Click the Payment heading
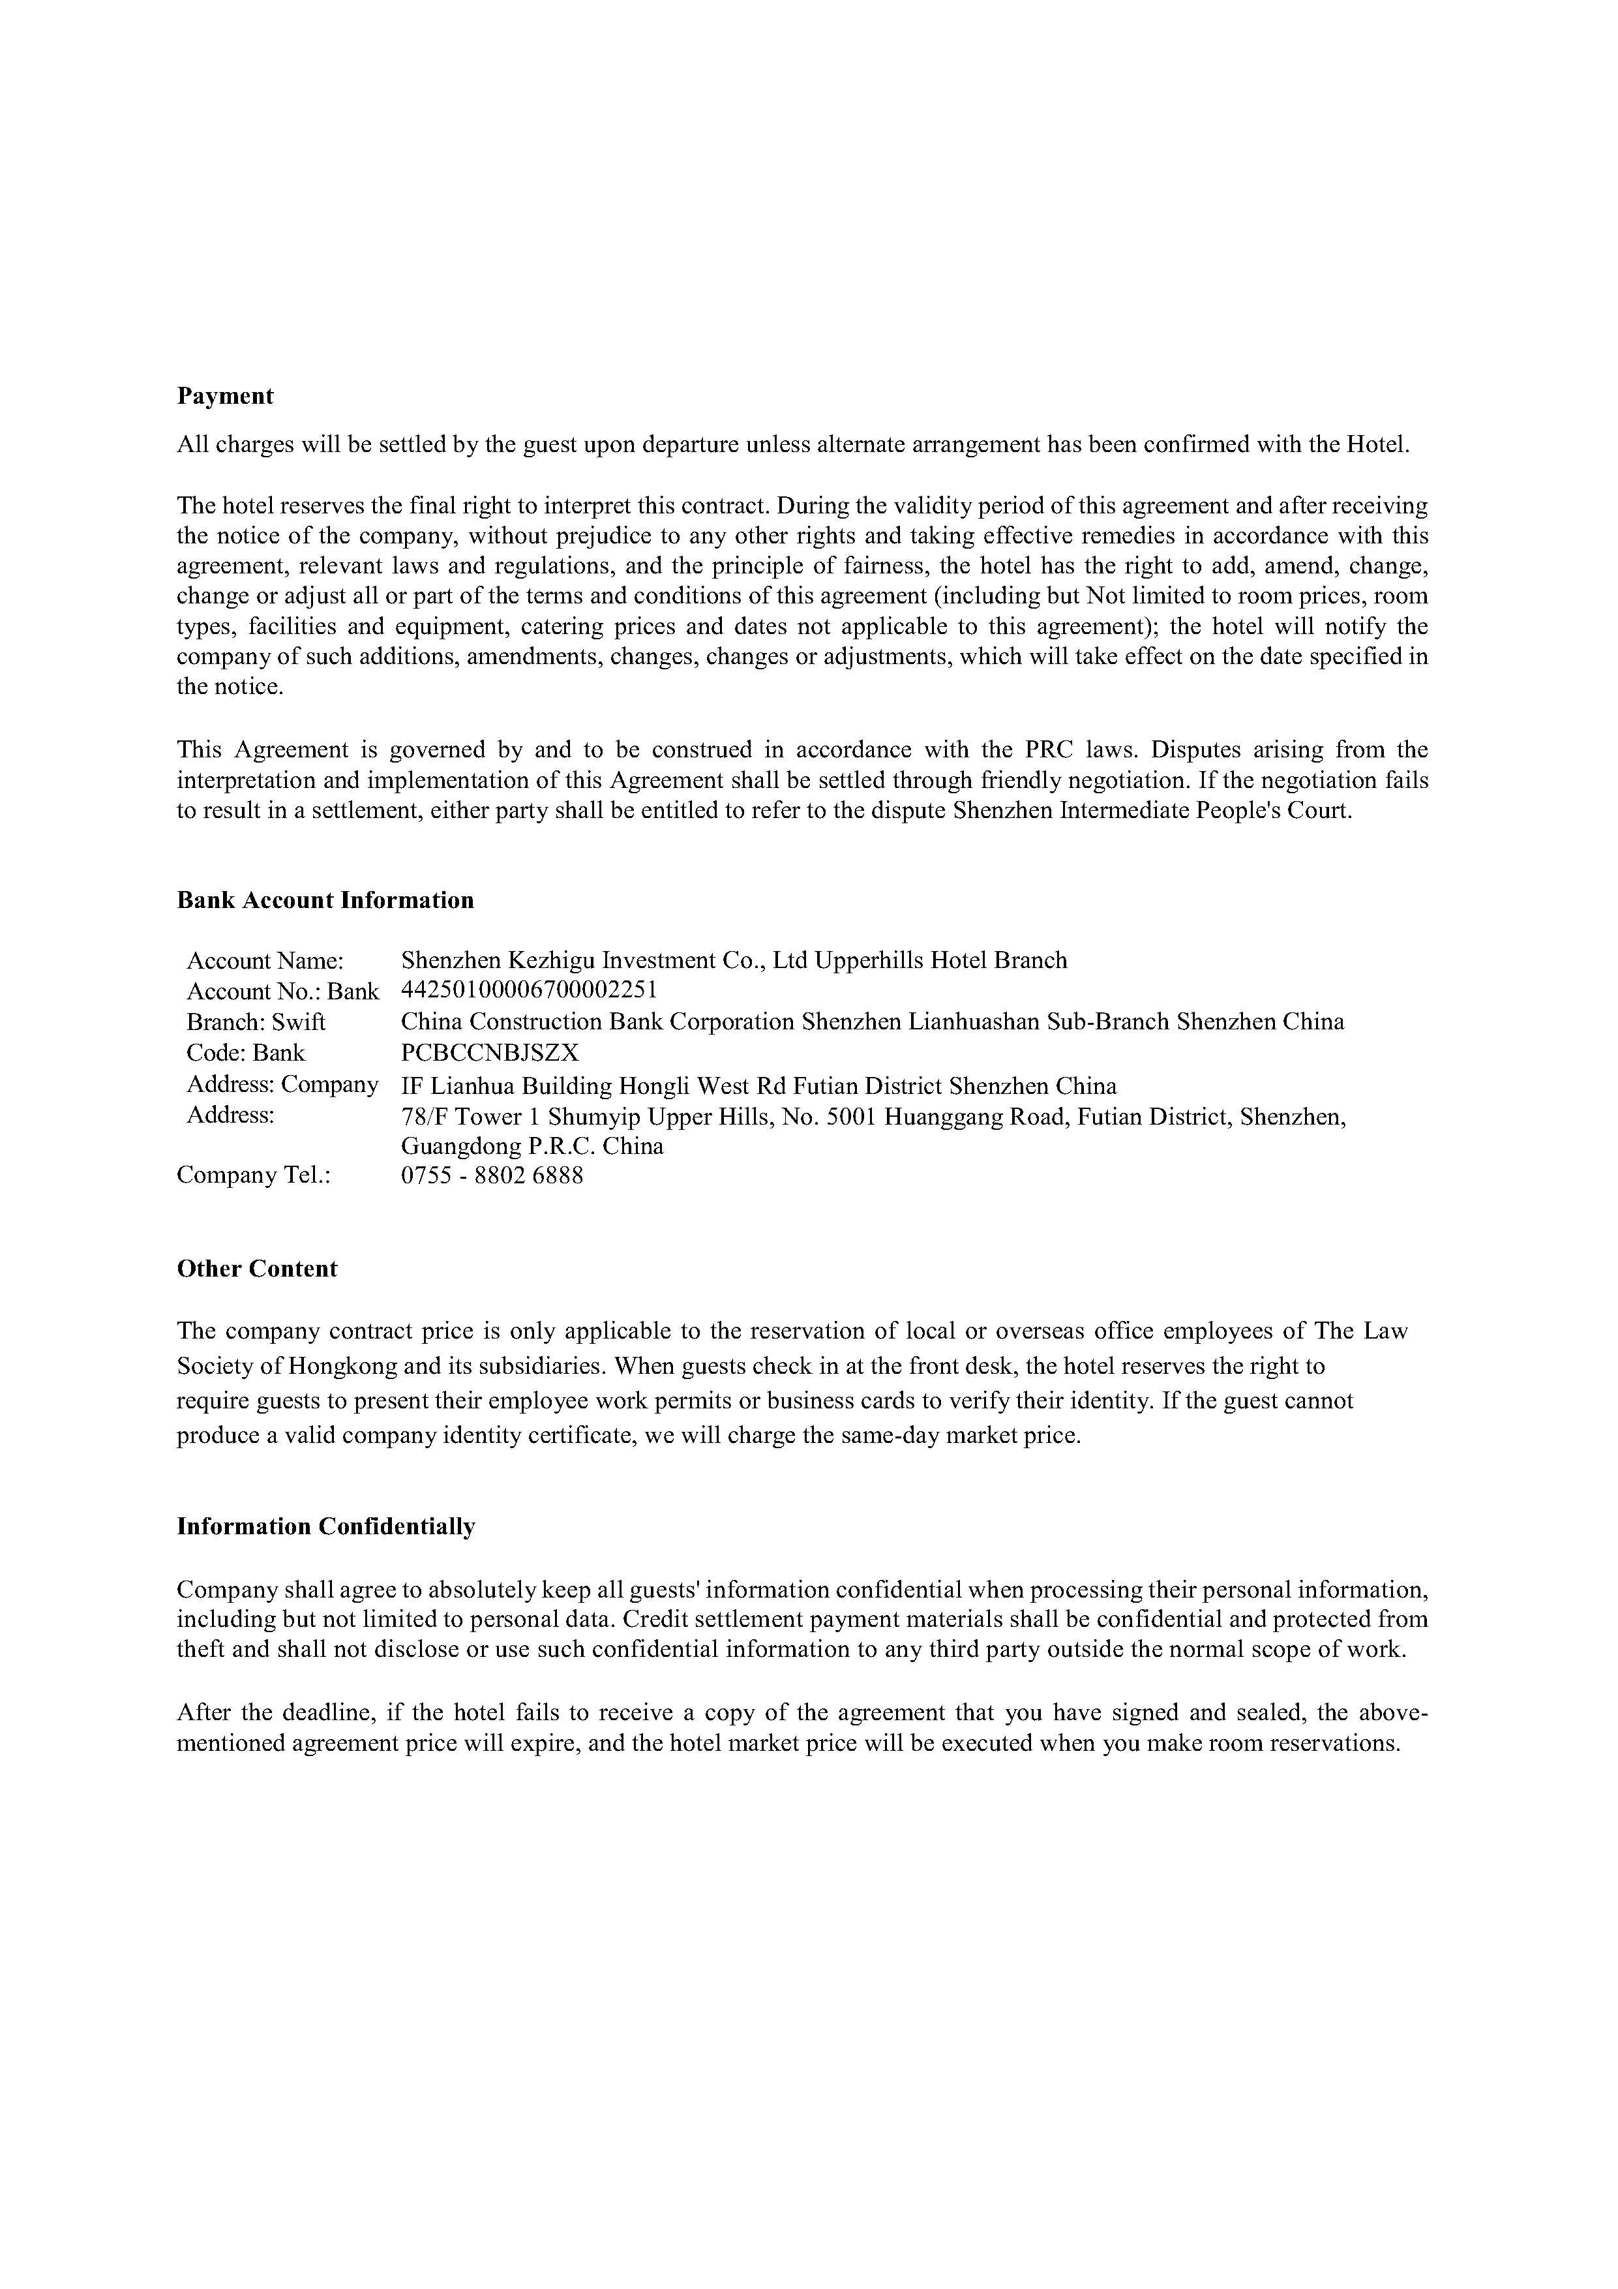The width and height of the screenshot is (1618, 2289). point(224,396)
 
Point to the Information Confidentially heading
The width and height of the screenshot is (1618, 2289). point(326,1526)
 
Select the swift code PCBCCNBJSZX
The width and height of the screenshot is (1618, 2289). point(490,1053)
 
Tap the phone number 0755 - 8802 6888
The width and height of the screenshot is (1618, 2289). point(492,1175)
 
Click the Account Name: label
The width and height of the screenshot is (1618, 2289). point(265,961)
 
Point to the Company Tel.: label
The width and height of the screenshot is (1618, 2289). point(253,1175)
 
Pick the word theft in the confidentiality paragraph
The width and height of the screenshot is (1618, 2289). point(200,1649)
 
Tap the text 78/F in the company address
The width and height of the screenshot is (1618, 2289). point(426,1117)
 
